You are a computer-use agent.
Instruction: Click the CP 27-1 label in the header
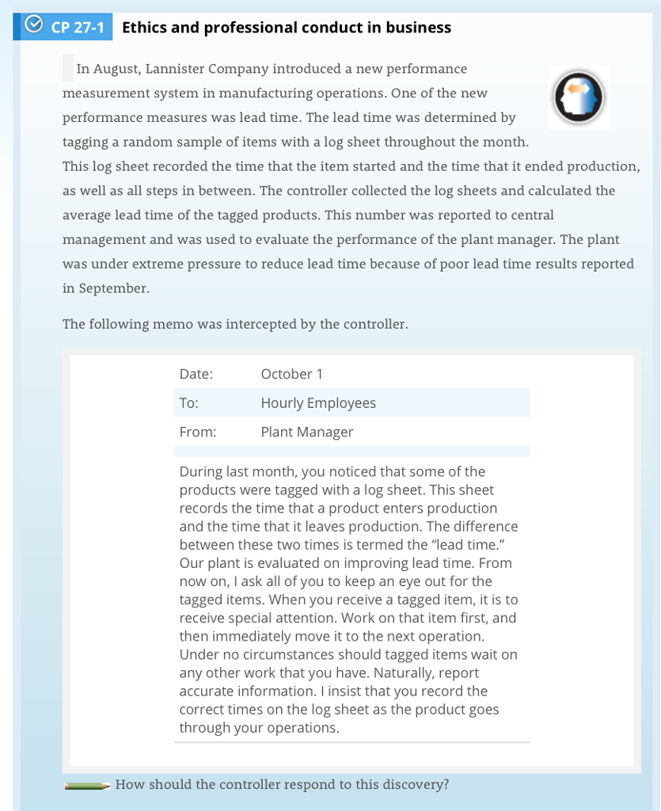coord(77,28)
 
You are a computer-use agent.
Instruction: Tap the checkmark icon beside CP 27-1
coord(33,27)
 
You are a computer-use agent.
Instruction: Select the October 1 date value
coord(291,374)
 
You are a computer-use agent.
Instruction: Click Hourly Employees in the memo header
coord(318,403)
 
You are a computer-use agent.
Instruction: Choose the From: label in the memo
coord(198,432)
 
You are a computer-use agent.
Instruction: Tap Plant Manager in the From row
coord(307,432)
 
